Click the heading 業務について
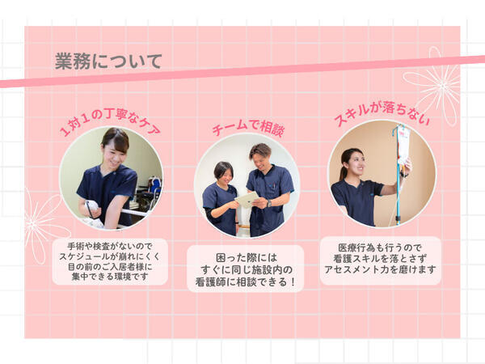pyautogui.click(x=108, y=61)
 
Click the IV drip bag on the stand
pyautogui.click(x=402, y=146)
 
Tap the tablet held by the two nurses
pyautogui.click(x=246, y=198)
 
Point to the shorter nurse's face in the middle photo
pyautogui.click(x=224, y=171)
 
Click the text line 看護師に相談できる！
pyautogui.click(x=246, y=282)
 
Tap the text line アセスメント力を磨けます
pyautogui.click(x=380, y=270)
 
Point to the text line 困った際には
pyautogui.click(x=246, y=255)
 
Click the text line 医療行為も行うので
pyautogui.click(x=380, y=244)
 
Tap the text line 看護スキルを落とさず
pyautogui.click(x=380, y=257)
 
